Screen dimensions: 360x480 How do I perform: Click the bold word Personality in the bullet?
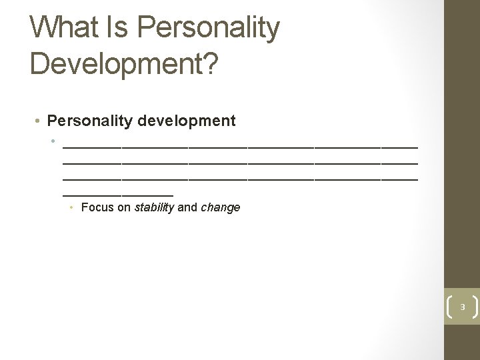(x=91, y=121)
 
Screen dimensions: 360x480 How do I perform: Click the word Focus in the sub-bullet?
(x=97, y=207)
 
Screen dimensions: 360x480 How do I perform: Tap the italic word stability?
(x=154, y=207)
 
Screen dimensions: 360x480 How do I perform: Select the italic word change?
(x=220, y=207)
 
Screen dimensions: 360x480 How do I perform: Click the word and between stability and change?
(x=187, y=207)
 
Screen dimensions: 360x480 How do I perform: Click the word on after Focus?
(x=124, y=207)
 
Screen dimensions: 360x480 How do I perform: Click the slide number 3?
(x=461, y=307)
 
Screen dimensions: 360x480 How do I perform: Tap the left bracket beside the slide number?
(x=449, y=307)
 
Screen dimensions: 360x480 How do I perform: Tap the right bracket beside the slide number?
(x=474, y=307)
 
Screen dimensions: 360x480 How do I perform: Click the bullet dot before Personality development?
(x=39, y=121)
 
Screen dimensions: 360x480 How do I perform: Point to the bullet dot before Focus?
(x=72, y=208)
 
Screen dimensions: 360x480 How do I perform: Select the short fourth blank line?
(x=118, y=194)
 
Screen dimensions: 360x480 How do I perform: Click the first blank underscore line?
(x=240, y=144)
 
